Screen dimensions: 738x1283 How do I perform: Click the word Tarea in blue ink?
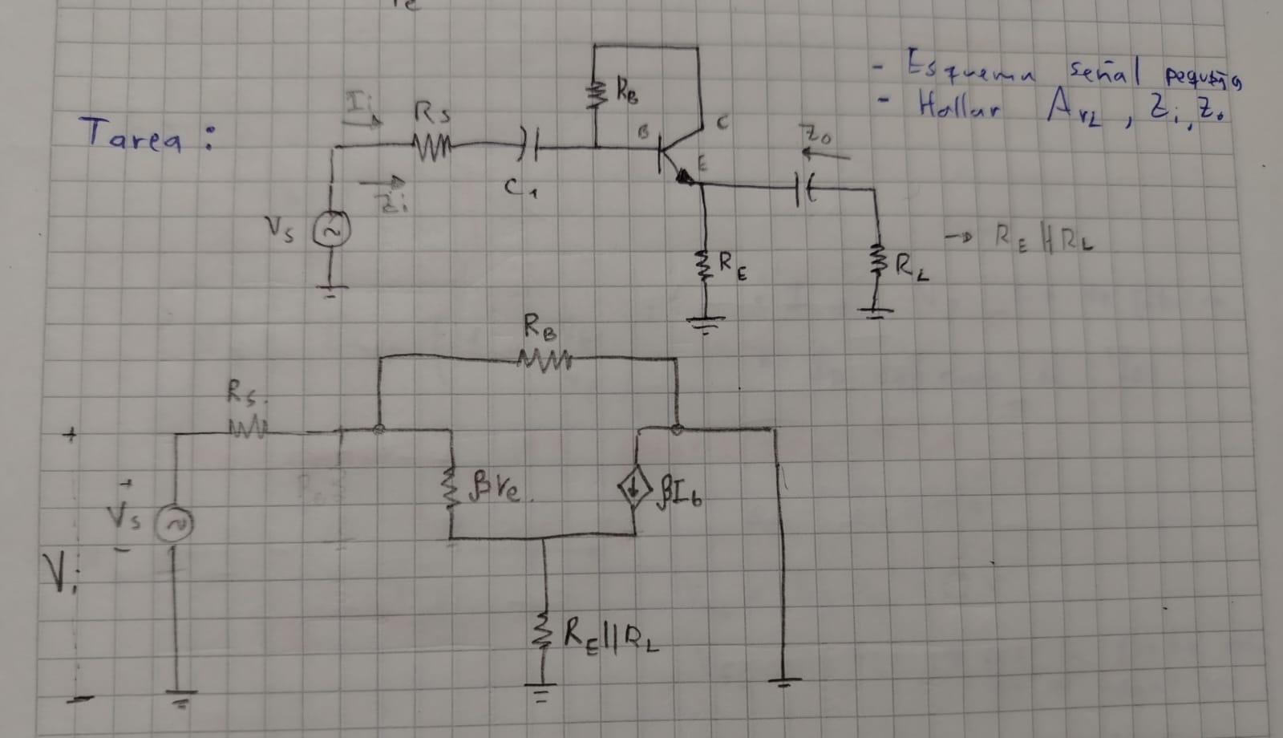point(131,135)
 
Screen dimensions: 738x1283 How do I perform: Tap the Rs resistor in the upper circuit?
point(434,147)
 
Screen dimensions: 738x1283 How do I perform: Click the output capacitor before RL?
point(804,189)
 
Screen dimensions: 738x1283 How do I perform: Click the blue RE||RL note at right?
point(1042,238)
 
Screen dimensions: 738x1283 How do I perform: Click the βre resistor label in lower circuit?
point(500,487)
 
